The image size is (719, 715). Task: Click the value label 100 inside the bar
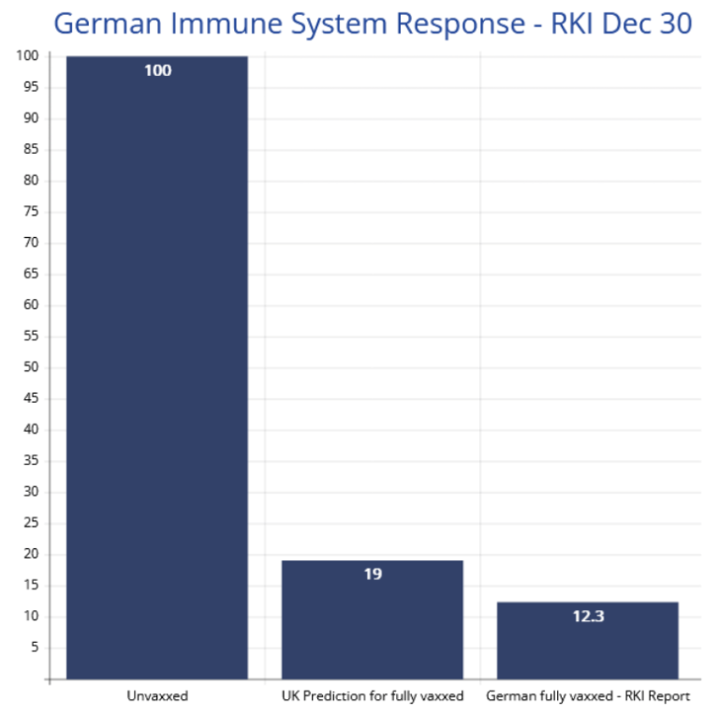coord(157,70)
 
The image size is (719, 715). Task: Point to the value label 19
coord(373,573)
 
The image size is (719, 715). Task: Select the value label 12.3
coord(588,617)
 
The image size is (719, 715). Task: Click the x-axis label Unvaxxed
coord(157,696)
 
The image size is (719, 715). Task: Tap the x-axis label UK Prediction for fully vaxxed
coord(373,696)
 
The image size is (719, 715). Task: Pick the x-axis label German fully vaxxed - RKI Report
coord(588,696)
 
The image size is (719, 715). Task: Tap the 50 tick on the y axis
coord(33,367)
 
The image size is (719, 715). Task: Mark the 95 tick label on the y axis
coord(33,87)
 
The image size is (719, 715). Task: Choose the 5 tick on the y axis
coord(36,648)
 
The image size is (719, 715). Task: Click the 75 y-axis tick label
coord(33,212)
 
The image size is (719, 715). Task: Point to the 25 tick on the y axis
coord(33,523)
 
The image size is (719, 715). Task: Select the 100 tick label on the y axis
coord(29,56)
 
